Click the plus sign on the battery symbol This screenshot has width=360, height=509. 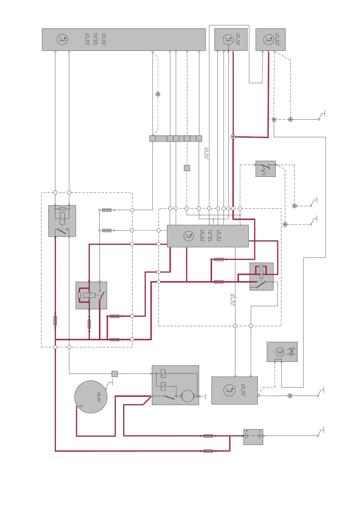(247, 431)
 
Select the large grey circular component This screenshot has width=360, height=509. (91, 397)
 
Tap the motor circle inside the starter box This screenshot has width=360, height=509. (188, 396)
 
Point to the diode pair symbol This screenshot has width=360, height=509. (291, 352)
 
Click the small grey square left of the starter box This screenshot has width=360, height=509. (115, 374)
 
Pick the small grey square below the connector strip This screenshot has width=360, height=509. (187, 168)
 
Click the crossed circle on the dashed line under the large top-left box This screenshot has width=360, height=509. (158, 94)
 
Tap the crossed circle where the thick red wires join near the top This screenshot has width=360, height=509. (233, 137)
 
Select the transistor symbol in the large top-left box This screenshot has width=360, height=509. (62, 40)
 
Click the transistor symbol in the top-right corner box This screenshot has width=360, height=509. (269, 40)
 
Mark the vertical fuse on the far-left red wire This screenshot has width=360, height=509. (55, 320)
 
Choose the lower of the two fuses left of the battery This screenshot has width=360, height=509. (208, 451)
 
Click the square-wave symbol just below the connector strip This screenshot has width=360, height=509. (206, 154)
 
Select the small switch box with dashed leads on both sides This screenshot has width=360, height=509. (265, 169)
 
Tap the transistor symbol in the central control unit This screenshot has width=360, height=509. (189, 236)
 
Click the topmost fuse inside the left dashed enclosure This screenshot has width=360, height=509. (107, 210)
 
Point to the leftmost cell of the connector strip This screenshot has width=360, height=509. (152, 138)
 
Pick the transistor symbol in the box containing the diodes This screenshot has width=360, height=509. (280, 352)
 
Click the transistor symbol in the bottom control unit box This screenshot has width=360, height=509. (229, 390)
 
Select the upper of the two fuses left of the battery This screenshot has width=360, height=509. (208, 436)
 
